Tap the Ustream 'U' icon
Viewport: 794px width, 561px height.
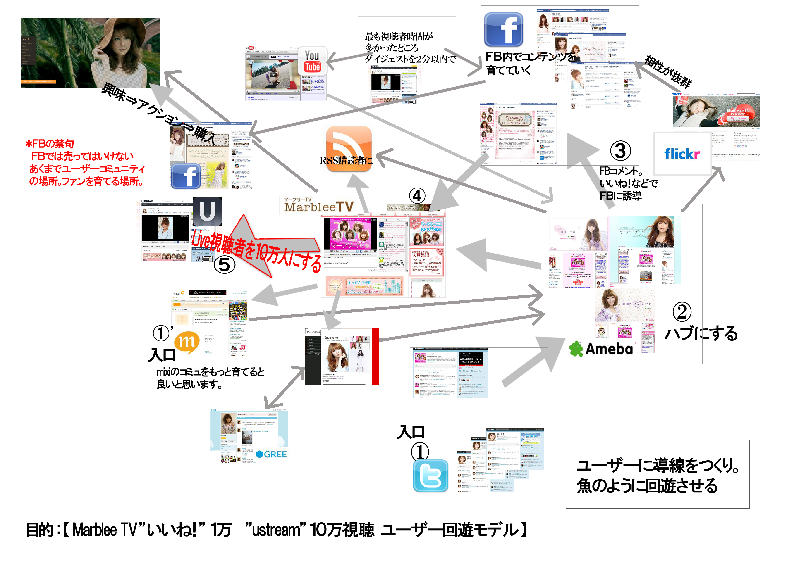point(207,211)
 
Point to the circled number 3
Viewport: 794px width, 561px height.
point(620,151)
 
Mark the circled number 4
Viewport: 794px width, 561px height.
point(417,196)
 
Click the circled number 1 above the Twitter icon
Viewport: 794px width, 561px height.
point(419,452)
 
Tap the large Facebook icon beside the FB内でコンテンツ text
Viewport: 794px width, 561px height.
point(504,30)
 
